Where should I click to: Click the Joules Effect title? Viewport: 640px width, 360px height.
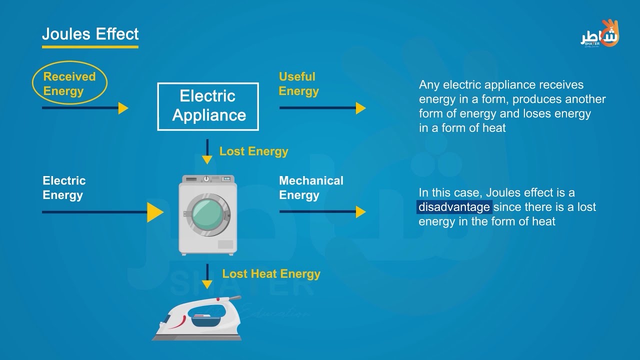pyautogui.click(x=90, y=34)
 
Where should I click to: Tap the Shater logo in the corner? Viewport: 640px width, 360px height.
pyautogui.click(x=599, y=34)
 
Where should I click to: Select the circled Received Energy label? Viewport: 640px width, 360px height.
pyautogui.click(x=69, y=83)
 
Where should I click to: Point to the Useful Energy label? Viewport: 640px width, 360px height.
pyautogui.click(x=298, y=84)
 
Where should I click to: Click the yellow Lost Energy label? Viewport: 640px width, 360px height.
pyautogui.click(x=253, y=151)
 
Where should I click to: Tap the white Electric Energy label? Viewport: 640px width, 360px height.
pyautogui.click(x=64, y=188)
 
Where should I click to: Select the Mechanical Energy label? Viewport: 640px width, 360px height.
pyautogui.click(x=311, y=188)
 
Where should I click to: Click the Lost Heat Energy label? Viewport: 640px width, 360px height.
pyautogui.click(x=271, y=274)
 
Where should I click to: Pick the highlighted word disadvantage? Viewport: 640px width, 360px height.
pyautogui.click(x=454, y=207)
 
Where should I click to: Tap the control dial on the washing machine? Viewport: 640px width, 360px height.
pyautogui.click(x=206, y=179)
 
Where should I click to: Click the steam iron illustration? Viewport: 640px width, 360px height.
pyautogui.click(x=197, y=318)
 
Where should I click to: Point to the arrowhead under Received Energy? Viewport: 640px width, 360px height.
pyautogui.click(x=123, y=108)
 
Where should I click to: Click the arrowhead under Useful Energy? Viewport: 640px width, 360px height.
pyautogui.click(x=361, y=108)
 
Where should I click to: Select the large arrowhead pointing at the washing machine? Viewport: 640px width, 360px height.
pyautogui.click(x=155, y=212)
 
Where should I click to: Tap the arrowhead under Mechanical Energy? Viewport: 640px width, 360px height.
pyautogui.click(x=361, y=212)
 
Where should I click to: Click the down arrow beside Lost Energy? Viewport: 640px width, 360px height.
pyautogui.click(x=207, y=151)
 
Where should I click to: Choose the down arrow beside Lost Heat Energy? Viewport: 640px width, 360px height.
pyautogui.click(x=207, y=276)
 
